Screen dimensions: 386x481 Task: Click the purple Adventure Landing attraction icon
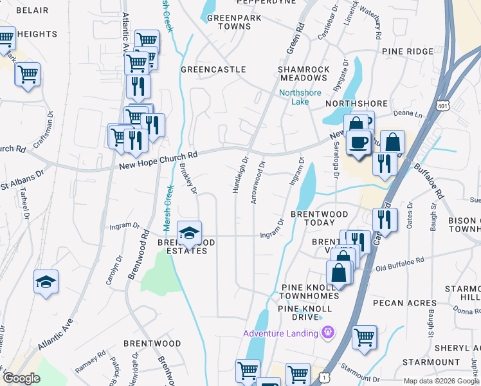(x=329, y=333)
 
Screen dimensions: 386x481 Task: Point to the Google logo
(x=21, y=378)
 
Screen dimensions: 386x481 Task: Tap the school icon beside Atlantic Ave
(x=46, y=282)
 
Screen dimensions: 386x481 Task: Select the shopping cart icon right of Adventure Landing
(x=364, y=336)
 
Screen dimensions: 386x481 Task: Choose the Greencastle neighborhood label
(x=213, y=69)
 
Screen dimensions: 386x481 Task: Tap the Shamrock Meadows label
(x=304, y=73)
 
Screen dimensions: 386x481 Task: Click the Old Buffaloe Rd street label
(x=399, y=261)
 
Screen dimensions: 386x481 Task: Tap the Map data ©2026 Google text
(x=442, y=381)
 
